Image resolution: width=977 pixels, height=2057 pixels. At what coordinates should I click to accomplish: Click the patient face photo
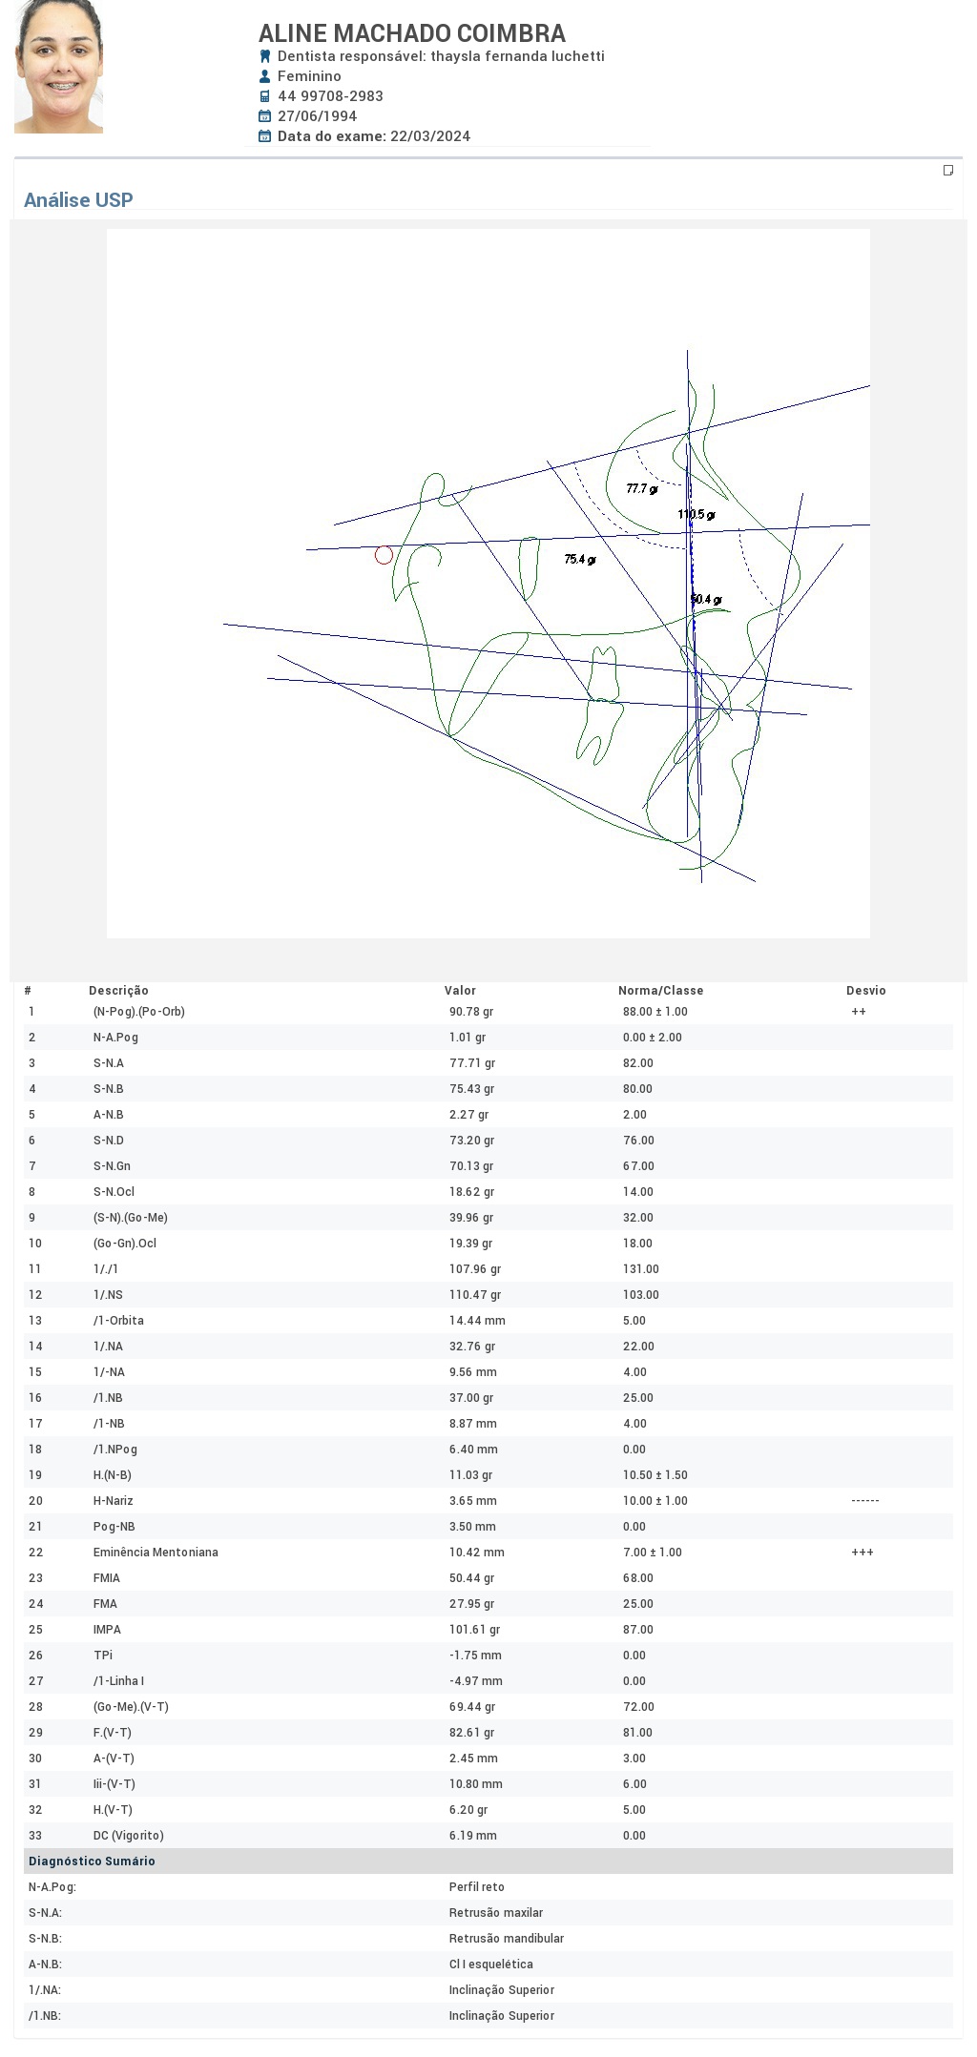click(x=58, y=67)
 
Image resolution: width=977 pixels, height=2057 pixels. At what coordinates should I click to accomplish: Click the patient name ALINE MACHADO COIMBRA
click(x=412, y=33)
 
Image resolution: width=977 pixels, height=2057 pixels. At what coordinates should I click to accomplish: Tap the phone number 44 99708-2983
click(x=330, y=96)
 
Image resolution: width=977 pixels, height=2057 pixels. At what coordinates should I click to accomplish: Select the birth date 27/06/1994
click(x=317, y=116)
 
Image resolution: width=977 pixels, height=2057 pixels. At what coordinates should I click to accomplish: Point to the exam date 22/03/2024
click(x=430, y=136)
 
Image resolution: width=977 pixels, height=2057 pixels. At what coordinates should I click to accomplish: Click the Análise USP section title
click(x=78, y=200)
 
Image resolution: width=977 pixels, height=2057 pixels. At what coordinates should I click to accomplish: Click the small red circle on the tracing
click(x=384, y=555)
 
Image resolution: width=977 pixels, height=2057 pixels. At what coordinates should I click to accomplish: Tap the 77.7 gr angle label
click(x=642, y=489)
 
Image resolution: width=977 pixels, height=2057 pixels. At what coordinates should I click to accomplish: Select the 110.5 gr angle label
click(x=696, y=515)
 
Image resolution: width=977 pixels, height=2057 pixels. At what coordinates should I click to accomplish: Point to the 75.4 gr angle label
click(x=580, y=560)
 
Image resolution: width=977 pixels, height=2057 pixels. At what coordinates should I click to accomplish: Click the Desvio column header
click(x=866, y=991)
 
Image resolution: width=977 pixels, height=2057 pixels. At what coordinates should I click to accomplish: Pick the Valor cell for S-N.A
click(x=472, y=1063)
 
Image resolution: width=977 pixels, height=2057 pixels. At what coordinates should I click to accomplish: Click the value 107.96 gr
click(x=475, y=1269)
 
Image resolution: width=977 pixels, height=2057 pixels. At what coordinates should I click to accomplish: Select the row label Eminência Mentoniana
click(x=156, y=1553)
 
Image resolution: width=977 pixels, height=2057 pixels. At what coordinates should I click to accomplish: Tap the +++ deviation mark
click(x=863, y=1553)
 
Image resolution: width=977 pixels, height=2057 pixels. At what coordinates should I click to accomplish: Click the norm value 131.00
click(x=641, y=1269)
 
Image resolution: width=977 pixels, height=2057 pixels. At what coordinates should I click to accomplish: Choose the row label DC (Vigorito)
click(x=129, y=1836)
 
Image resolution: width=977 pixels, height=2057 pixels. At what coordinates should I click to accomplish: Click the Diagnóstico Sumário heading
click(x=92, y=1862)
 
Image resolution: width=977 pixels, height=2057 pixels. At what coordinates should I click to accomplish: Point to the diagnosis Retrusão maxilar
click(x=496, y=1913)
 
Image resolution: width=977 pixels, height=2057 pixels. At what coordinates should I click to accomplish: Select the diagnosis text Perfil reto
click(x=477, y=1887)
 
